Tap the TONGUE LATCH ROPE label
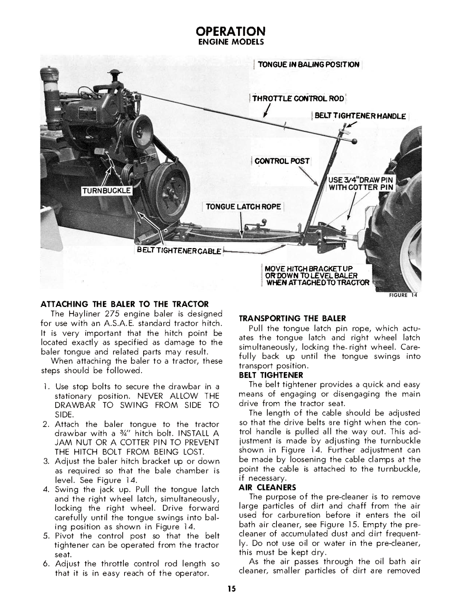pos(243,207)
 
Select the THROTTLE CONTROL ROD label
pos(298,99)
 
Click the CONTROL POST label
pos(282,161)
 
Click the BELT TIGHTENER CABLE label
pos(179,251)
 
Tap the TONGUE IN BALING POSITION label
pos(308,64)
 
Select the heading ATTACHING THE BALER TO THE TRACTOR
pos(125,304)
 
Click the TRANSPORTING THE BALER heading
pos(292,318)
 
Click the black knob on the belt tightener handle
pos(355,142)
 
